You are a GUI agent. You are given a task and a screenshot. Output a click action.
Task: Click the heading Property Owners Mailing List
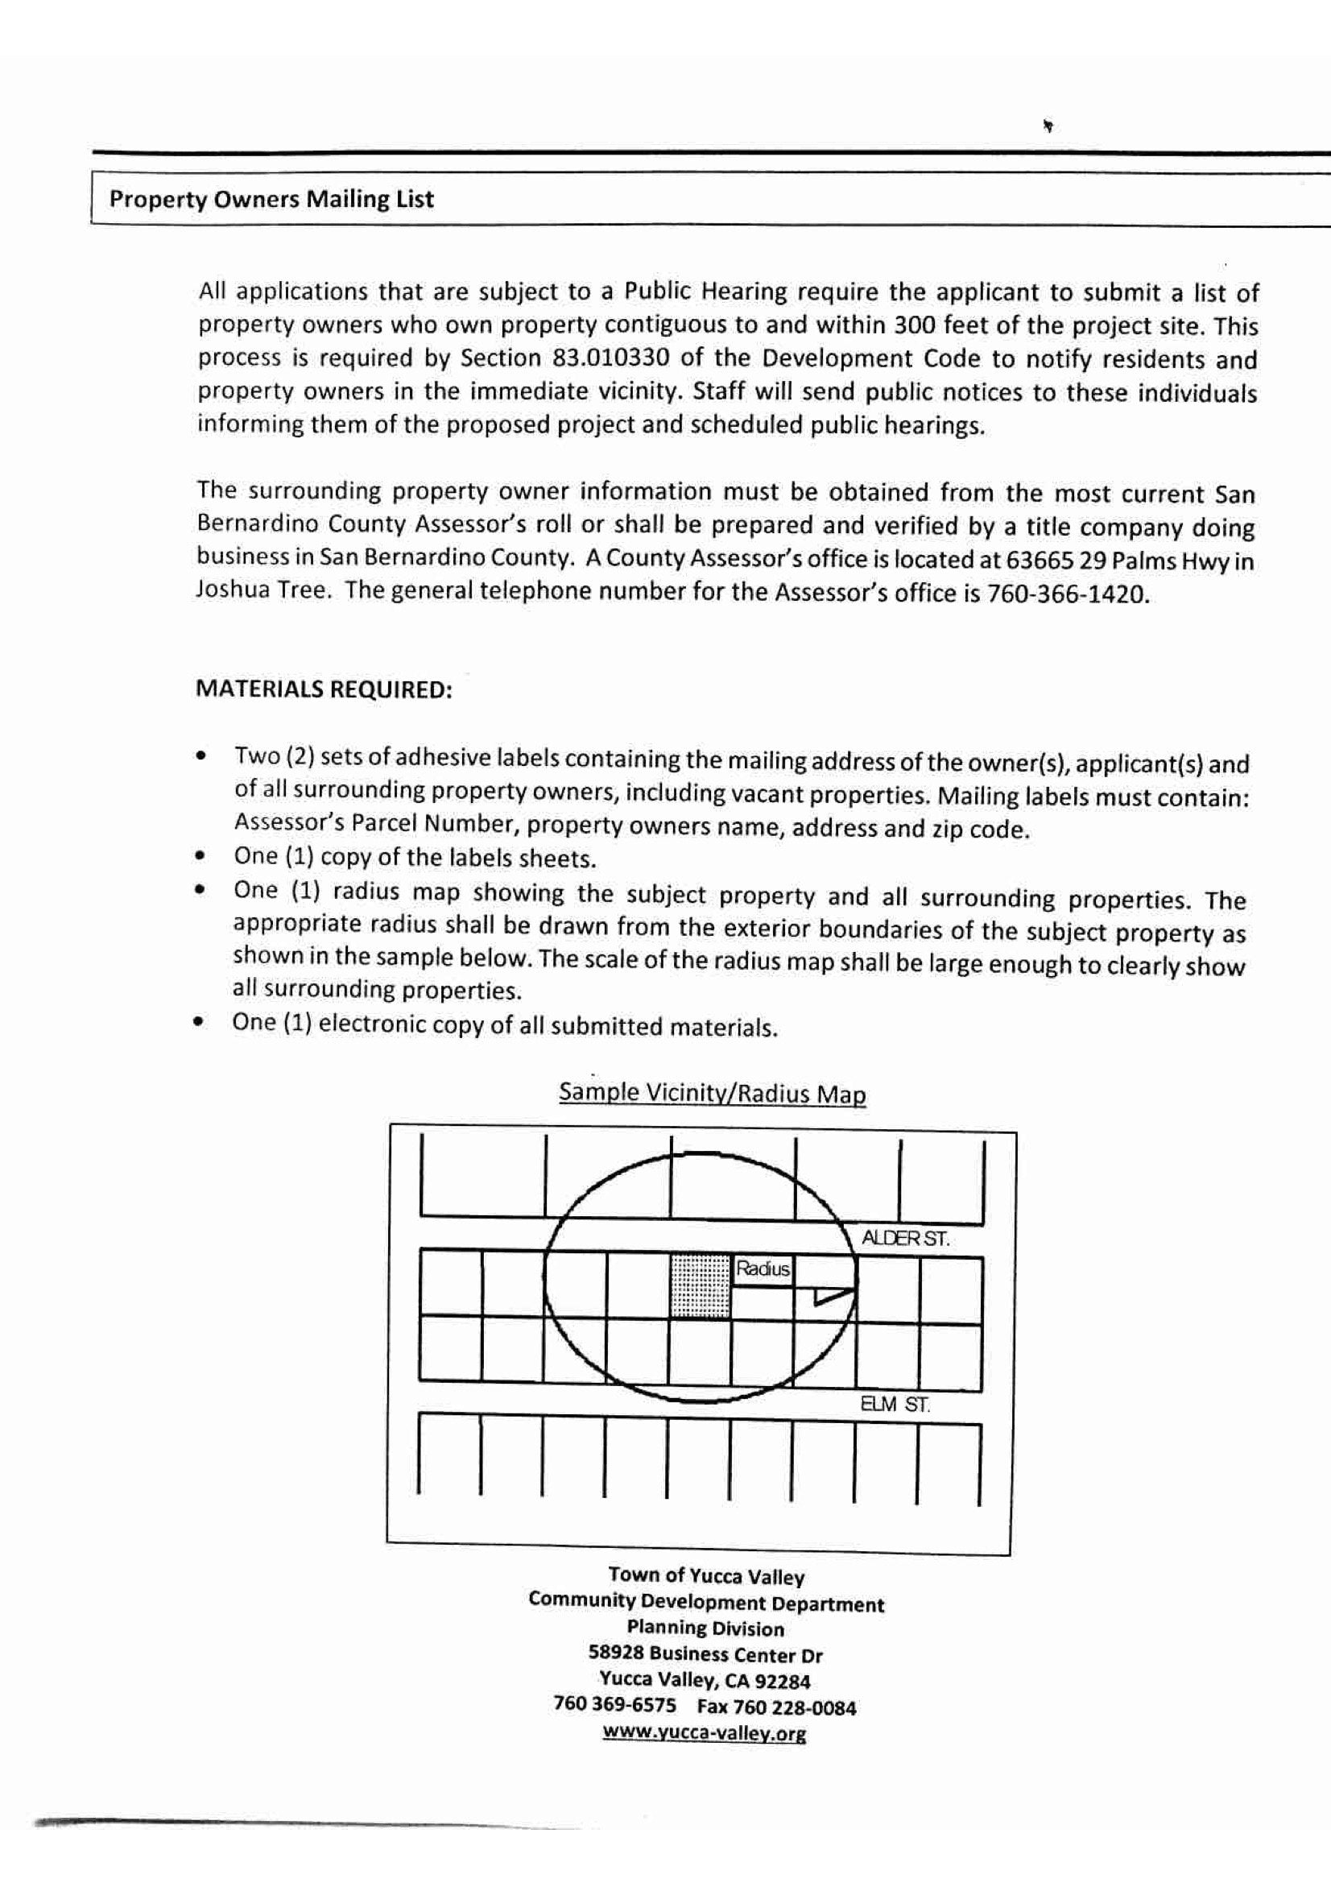[x=271, y=199]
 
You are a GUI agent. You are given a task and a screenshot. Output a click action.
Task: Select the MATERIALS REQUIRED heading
[x=324, y=689]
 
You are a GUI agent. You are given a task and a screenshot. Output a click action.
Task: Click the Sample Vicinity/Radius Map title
[x=712, y=1093]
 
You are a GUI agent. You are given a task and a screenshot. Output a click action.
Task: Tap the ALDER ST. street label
[x=904, y=1239]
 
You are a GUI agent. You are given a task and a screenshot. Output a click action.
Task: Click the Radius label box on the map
[x=763, y=1268]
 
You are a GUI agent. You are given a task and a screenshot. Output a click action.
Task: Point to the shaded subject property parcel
[x=700, y=1285]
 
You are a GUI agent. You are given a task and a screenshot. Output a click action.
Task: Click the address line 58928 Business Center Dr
[x=705, y=1654]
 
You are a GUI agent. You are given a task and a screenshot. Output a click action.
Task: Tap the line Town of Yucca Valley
[x=706, y=1575]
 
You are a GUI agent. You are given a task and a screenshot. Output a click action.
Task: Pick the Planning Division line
[x=705, y=1628]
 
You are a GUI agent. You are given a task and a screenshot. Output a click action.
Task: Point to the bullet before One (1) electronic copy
[x=197, y=1023]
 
